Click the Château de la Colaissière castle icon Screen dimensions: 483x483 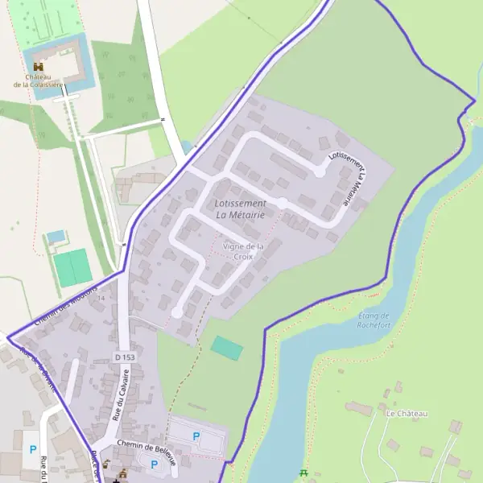pyautogui.click(x=38, y=66)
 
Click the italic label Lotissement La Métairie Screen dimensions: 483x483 pyautogui.click(x=242, y=208)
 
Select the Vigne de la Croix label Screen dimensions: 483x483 pyautogui.click(x=243, y=250)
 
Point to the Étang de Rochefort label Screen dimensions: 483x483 pyautogui.click(x=374, y=320)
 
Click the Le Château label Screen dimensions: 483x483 pyautogui.click(x=407, y=413)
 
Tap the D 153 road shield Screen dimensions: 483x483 pyautogui.click(x=123, y=357)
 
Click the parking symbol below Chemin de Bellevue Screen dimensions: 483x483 pyautogui.click(x=154, y=464)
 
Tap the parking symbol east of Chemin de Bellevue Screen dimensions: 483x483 pyautogui.click(x=196, y=436)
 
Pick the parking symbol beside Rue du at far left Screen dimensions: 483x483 pyautogui.click(x=33, y=449)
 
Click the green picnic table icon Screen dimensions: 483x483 pyautogui.click(x=303, y=473)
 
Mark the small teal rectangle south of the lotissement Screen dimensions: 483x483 pyautogui.click(x=226, y=348)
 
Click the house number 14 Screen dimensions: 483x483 pyautogui.click(x=101, y=299)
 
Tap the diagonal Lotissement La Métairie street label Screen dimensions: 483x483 pyautogui.click(x=348, y=177)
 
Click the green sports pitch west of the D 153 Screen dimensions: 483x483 pyautogui.click(x=73, y=267)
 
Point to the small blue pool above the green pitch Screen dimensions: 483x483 pyautogui.click(x=55, y=237)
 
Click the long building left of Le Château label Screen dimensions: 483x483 pyautogui.click(x=358, y=410)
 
